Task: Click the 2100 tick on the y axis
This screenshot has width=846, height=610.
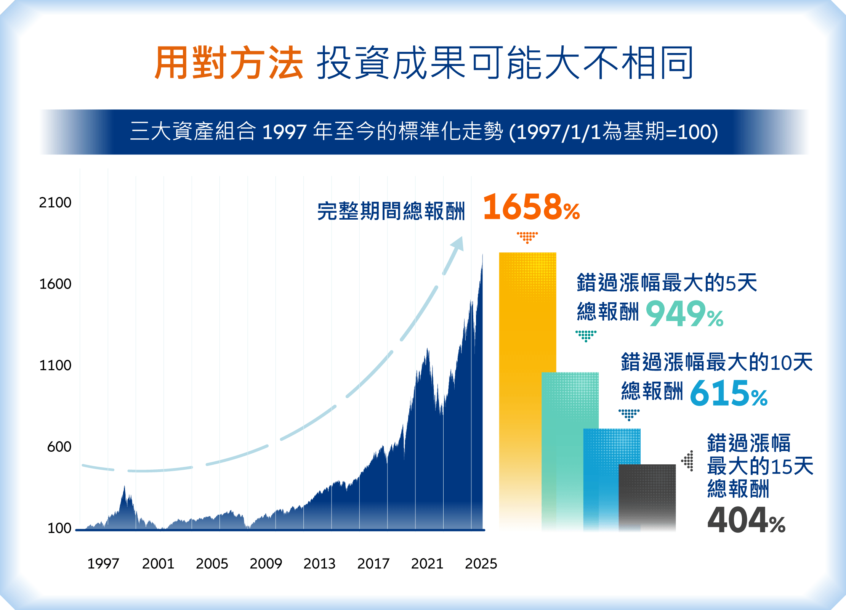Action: click(55, 202)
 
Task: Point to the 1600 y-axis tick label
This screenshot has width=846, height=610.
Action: click(55, 284)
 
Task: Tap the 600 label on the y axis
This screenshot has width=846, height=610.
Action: click(59, 446)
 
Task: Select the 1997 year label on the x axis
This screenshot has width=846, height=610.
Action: click(103, 563)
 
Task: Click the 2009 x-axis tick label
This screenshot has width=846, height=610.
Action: click(266, 563)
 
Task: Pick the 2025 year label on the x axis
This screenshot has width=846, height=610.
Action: click(481, 563)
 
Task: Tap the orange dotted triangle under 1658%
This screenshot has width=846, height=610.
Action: click(527, 237)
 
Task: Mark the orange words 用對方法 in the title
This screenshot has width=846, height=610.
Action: click(229, 63)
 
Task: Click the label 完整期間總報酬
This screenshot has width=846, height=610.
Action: click(391, 211)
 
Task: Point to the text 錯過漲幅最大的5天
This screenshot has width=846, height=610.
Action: click(667, 283)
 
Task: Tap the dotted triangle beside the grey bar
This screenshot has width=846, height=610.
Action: click(688, 461)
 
